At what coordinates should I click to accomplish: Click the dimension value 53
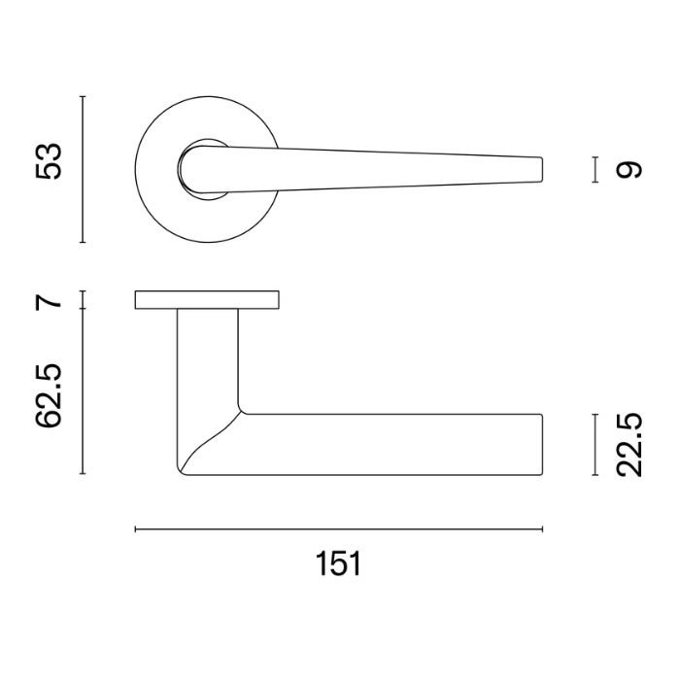pos(49,160)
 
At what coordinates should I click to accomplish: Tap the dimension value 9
pos(629,170)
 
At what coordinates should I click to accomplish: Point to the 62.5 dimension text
pos(49,396)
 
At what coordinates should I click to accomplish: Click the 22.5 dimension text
pos(629,445)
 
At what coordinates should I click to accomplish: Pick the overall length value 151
pos(338,563)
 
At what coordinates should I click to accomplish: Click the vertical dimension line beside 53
pos(83,169)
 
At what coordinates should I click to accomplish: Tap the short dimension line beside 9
pos(595,170)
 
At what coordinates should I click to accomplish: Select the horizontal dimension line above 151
pos(339,529)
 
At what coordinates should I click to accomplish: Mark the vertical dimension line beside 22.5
pos(595,445)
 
